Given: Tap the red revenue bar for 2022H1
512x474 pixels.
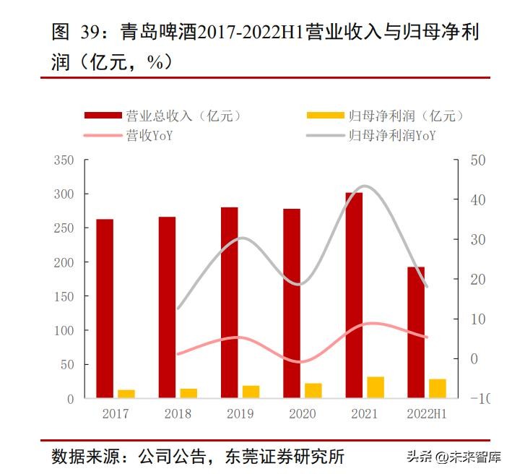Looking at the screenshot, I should pos(417,332).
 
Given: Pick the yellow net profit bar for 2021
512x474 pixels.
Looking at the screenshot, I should pos(376,387).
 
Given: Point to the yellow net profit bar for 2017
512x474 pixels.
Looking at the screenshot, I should pos(126,394).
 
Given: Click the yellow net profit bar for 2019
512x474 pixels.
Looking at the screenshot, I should pos(251,392).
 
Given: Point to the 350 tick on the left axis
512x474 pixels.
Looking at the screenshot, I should pos(64,160).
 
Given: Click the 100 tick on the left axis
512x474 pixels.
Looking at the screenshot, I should pos(64,330).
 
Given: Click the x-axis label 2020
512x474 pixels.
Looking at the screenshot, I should pos(303,414).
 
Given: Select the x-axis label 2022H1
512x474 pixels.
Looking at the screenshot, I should pos(427,414).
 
